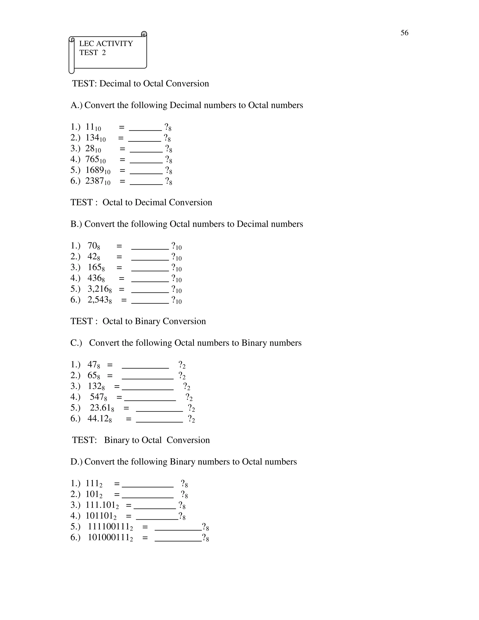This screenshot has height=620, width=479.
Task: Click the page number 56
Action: click(x=404, y=33)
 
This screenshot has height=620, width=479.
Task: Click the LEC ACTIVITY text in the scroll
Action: click(x=106, y=44)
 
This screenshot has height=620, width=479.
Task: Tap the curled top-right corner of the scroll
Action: click(x=144, y=34)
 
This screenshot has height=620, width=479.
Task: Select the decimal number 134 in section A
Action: click(x=92, y=138)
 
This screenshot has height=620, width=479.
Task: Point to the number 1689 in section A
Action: click(x=94, y=170)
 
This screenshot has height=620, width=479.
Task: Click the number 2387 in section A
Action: click(x=94, y=181)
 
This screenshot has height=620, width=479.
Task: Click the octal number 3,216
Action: click(x=98, y=289)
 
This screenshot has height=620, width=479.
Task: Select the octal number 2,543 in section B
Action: click(x=98, y=299)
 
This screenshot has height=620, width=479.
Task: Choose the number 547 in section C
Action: click(x=97, y=397)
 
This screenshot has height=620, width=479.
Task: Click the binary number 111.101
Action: click(x=100, y=505)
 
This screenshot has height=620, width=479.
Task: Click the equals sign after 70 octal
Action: click(x=119, y=246)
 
